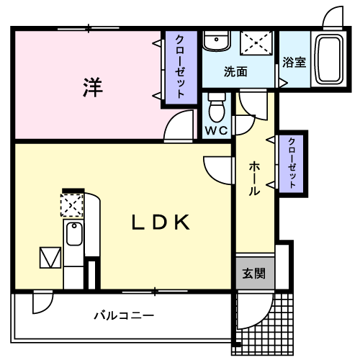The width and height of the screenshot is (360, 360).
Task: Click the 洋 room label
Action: coord(91,88)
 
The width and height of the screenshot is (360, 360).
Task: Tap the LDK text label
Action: coord(160,222)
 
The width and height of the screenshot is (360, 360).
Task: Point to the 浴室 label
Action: coord(294,62)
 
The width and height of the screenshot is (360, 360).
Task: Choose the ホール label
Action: coord(255,179)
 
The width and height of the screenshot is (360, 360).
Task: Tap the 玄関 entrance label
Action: coord(253,274)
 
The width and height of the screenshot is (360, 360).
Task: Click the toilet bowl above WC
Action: coord(216,109)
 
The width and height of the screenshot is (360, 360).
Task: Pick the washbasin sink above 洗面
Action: coord(213,41)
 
